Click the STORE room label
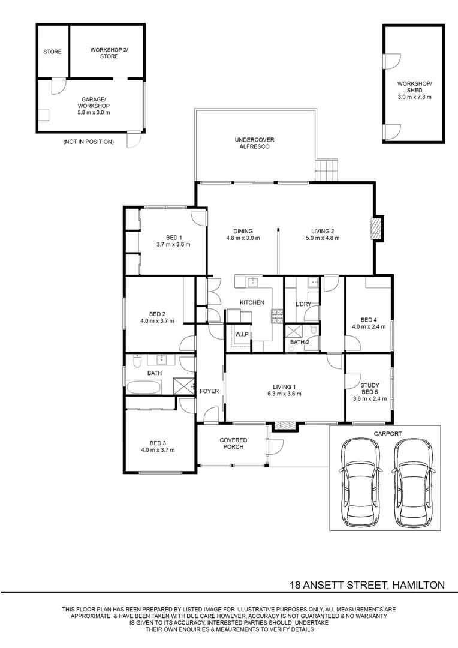tap(52, 52)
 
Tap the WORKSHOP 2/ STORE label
tap(109, 53)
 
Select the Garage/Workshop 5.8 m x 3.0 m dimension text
tap(94, 112)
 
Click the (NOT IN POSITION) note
tap(88, 142)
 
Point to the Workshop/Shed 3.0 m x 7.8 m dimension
tap(414, 97)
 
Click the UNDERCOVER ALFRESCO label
tap(254, 143)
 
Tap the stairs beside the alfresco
tap(327, 170)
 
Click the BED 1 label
tap(174, 238)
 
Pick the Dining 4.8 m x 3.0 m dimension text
tap(243, 238)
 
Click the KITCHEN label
tap(252, 302)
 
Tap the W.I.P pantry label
tap(242, 334)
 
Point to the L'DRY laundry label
tap(303, 304)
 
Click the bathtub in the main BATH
tap(144, 387)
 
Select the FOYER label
tap(209, 391)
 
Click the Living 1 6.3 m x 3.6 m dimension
tap(284, 394)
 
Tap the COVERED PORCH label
tap(233, 443)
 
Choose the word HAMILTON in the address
tap(418, 585)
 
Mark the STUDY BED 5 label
tap(370, 388)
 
